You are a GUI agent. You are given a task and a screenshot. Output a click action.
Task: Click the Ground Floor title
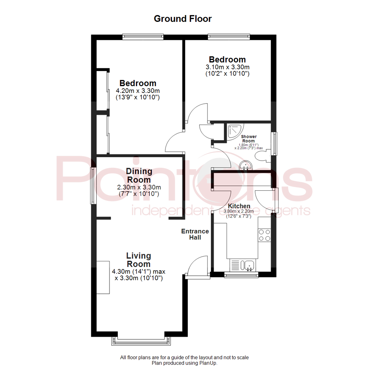(x=182, y=18)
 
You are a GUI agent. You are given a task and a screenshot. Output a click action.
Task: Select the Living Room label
(x=138, y=260)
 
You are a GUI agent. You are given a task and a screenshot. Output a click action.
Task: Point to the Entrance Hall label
(x=195, y=234)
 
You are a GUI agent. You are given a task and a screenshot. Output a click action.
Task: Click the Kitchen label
(x=239, y=206)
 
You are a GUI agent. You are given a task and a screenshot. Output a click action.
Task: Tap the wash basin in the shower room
(x=246, y=165)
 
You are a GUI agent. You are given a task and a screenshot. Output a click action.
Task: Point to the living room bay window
(x=140, y=340)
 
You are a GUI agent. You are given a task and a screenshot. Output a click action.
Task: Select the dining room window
(x=93, y=186)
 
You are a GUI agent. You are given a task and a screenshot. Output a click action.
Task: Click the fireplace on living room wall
(x=103, y=277)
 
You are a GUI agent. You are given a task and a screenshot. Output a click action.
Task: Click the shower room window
(x=274, y=143)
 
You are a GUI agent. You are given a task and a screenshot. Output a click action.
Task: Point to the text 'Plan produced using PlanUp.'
(x=184, y=363)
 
